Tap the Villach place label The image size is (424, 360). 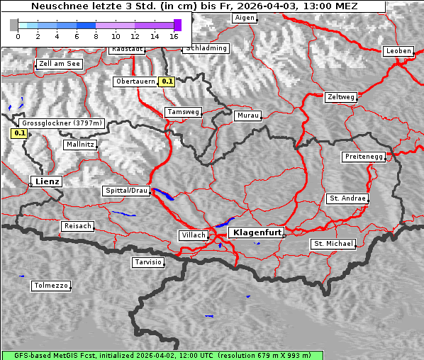click(193, 235)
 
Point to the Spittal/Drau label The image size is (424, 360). click(126, 191)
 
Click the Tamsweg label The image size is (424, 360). click(184, 112)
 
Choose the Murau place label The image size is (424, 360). click(248, 115)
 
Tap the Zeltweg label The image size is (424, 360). click(341, 97)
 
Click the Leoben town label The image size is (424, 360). click(398, 51)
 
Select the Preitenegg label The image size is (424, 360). click(364, 156)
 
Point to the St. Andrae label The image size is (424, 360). click(347, 198)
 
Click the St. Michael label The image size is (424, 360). click(333, 244)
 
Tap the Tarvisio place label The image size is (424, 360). click(148, 262)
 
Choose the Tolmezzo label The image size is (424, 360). click(51, 286)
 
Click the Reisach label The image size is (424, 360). click(77, 226)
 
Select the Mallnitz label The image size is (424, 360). click(79, 144)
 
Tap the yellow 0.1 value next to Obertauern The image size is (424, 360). click(167, 81)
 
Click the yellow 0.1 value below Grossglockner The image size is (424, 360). click(19, 133)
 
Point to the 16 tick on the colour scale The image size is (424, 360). click(174, 35)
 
